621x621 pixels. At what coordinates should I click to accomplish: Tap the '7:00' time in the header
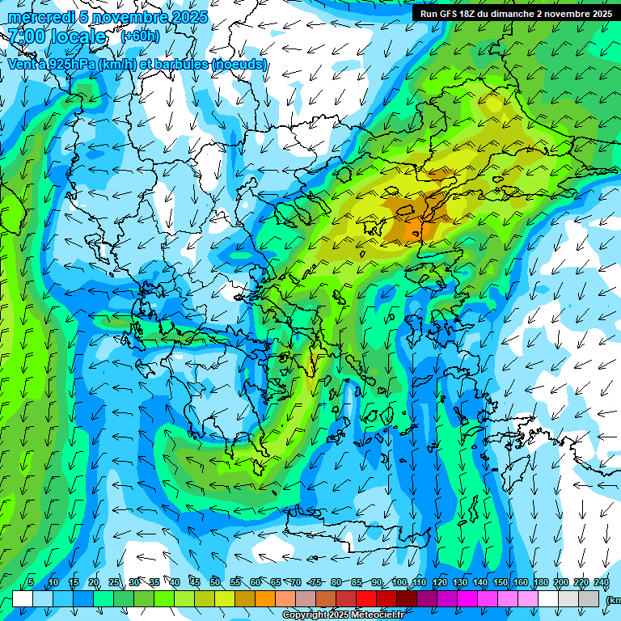(26, 36)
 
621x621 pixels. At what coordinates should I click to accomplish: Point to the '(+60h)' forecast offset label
(140, 36)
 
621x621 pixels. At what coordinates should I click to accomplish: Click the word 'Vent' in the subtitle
(22, 64)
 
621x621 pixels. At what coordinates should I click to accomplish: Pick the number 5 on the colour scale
(31, 583)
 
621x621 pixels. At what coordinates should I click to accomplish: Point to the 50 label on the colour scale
(215, 583)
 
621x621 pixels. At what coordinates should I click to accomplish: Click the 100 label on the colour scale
(399, 583)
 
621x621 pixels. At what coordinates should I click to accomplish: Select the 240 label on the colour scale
(601, 583)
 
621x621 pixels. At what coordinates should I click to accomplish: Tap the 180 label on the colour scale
(539, 583)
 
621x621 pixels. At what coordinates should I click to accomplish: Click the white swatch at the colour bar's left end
(23, 598)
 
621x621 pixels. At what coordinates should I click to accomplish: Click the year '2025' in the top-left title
(185, 17)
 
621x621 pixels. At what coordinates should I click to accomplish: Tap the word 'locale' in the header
(79, 36)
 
